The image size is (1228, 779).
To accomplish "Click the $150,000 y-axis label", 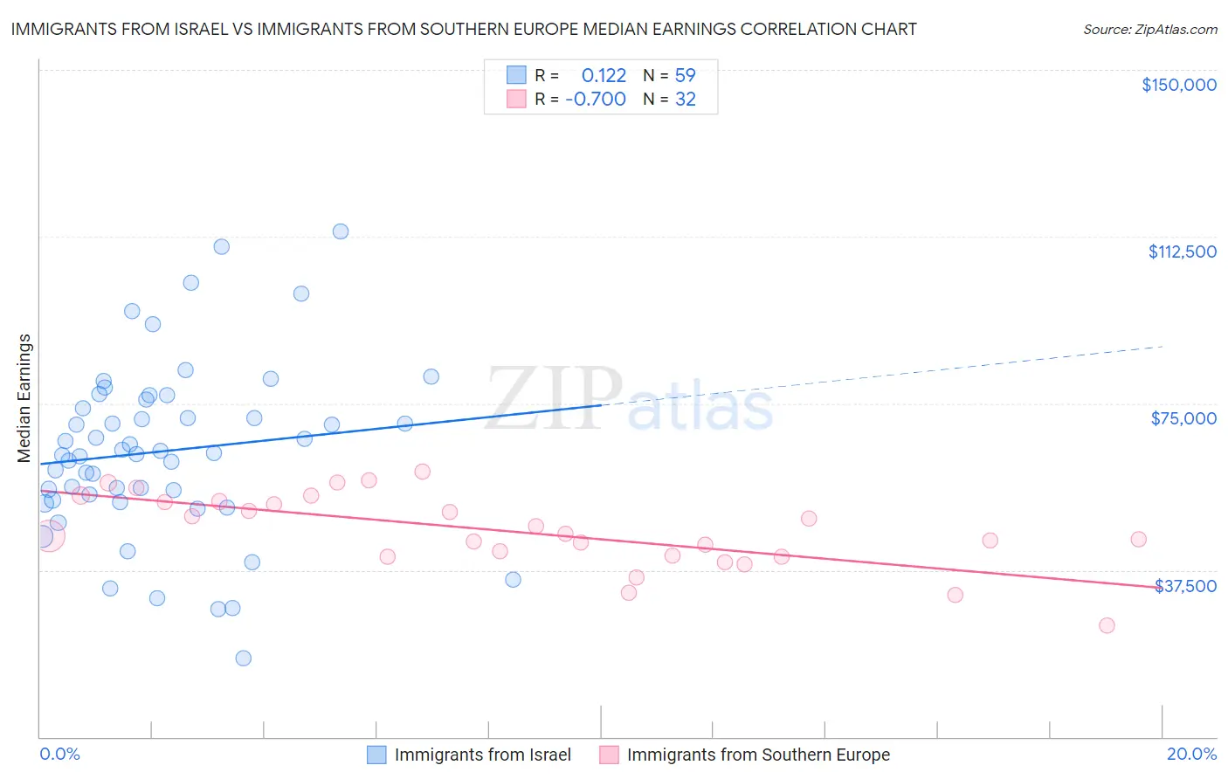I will coord(1178,85).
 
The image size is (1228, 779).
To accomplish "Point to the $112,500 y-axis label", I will coord(1182,252).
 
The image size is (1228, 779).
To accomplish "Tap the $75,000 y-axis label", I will coord(1183,418).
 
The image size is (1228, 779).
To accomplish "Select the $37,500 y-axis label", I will coord(1185,586).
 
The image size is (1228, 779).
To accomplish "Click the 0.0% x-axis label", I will coord(59,755).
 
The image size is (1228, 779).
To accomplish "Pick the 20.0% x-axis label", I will coord(1191,755).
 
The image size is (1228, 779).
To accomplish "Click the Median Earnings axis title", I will coord(24,398).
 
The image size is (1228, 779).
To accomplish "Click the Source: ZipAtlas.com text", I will coord(1149,30).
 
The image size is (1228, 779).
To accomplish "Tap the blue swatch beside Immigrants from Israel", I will coord(376,755).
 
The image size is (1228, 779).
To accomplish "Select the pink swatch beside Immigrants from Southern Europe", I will coord(609,755).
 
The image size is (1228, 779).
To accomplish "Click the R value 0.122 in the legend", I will coord(604,76).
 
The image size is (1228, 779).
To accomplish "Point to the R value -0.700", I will coord(596,100).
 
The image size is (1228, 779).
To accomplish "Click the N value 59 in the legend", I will coord(686,76).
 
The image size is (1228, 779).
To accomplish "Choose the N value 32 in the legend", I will coord(686,100).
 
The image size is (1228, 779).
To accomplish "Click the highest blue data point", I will coord(341,231).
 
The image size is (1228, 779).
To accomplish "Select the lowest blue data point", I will coord(244,658).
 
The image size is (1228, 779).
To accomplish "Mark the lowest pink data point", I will coord(1107,625).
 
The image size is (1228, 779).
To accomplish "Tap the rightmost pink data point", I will coord(1138,540).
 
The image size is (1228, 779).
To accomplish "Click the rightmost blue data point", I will coord(513,580).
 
